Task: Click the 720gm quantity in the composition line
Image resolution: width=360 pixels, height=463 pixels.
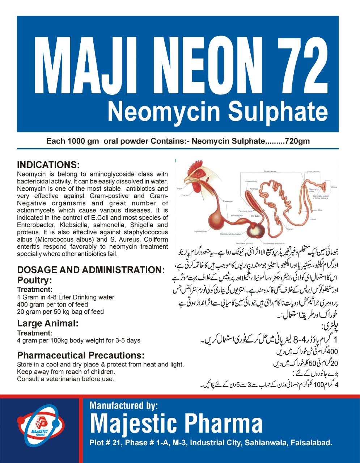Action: point(297,141)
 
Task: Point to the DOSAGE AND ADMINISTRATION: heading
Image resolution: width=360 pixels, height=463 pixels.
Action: point(91,270)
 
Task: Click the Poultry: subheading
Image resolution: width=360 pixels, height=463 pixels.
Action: point(35,280)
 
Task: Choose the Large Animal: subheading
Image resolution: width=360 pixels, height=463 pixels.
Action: point(48,323)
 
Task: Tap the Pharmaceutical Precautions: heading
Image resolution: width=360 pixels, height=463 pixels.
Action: point(81,355)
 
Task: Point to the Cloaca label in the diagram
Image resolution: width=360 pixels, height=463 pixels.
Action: point(334,187)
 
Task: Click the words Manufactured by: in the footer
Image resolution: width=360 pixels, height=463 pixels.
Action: point(124,405)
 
